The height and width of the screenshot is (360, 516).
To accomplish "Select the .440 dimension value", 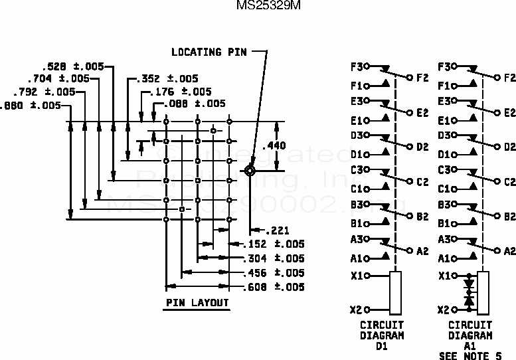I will coord(274,146).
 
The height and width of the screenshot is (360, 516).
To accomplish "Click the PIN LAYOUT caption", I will coord(197,303).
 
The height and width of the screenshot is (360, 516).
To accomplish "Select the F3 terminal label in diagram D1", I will coord(357,67).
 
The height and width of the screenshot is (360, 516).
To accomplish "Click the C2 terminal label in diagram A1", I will coord(509,181).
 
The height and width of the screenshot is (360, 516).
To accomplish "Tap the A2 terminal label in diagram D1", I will coord(422,251).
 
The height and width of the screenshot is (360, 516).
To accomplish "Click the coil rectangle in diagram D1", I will coord(396,292).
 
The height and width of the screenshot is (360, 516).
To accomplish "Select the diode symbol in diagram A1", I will coord(470,292).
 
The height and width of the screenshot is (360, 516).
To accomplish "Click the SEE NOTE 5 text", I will coord(470,355).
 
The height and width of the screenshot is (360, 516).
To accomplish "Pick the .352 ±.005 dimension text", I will coord(167,78).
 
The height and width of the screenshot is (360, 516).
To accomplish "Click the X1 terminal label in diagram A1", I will coord(444,275).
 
